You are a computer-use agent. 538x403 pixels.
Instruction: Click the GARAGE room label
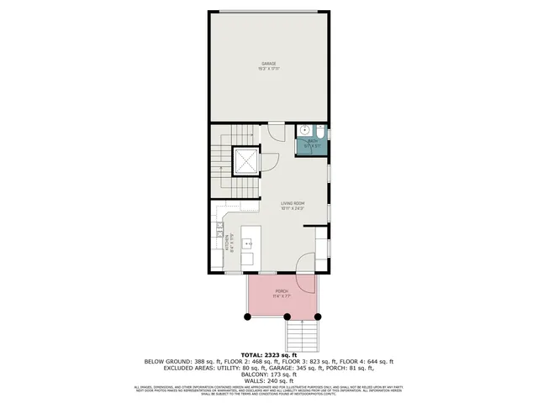click(268, 65)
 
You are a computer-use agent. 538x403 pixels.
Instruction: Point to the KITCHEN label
click(228, 243)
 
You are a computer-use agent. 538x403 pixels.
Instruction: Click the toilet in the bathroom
click(321, 132)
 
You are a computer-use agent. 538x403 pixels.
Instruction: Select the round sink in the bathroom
click(303, 131)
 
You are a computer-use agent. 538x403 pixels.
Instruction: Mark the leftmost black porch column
click(247, 317)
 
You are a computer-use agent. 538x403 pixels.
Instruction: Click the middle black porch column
click(287, 317)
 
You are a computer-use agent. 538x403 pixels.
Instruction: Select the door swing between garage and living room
click(275, 129)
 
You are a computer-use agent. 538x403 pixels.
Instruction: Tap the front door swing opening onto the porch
click(308, 262)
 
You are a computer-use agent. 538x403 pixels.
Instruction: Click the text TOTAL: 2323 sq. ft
click(269, 355)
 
